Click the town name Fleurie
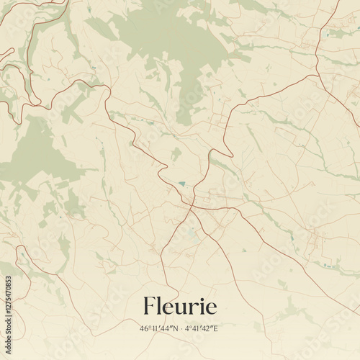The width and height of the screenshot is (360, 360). (x=180, y=306)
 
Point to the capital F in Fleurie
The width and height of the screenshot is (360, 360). (x=150, y=306)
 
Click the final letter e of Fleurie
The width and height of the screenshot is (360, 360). (x=210, y=308)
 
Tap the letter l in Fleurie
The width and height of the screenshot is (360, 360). (x=160, y=305)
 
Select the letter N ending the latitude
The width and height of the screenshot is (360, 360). (x=173, y=328)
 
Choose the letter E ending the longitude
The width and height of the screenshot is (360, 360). (x=216, y=328)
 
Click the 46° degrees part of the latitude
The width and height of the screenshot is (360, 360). (x=145, y=328)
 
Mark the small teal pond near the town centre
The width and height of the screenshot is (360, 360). (x=183, y=184)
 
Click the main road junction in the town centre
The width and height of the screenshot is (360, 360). (x=192, y=207)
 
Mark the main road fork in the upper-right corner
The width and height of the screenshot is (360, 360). (x=317, y=74)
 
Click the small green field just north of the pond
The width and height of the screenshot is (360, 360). (x=176, y=153)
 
